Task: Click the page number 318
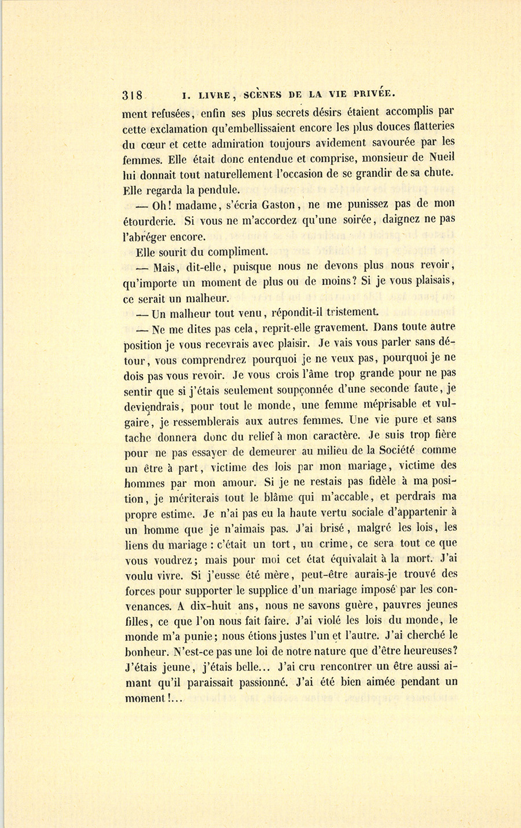(133, 95)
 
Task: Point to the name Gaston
(280, 205)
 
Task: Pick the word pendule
(212, 189)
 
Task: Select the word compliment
(237, 252)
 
